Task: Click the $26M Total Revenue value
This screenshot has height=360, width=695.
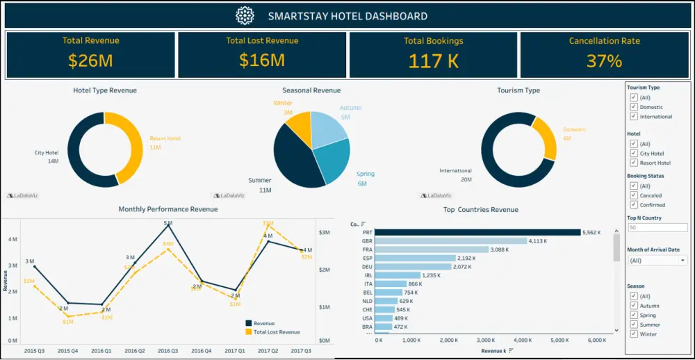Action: (90, 60)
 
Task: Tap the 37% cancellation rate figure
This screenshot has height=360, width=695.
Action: (604, 60)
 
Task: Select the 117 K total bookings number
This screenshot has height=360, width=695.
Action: (433, 60)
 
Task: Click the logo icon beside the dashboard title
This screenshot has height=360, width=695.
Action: (245, 15)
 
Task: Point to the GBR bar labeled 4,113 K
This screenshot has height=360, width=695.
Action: (452, 240)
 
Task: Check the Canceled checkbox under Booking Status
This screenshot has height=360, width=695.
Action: (633, 195)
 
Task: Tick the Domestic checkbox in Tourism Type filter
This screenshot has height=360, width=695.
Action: (633, 107)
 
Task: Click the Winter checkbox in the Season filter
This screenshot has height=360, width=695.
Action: (633, 334)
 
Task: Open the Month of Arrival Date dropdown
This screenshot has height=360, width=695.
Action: (657, 261)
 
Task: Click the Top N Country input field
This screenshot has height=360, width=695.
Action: (657, 227)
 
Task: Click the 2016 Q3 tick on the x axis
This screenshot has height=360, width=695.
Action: (167, 351)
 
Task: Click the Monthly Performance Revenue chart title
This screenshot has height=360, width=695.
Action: (167, 209)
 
